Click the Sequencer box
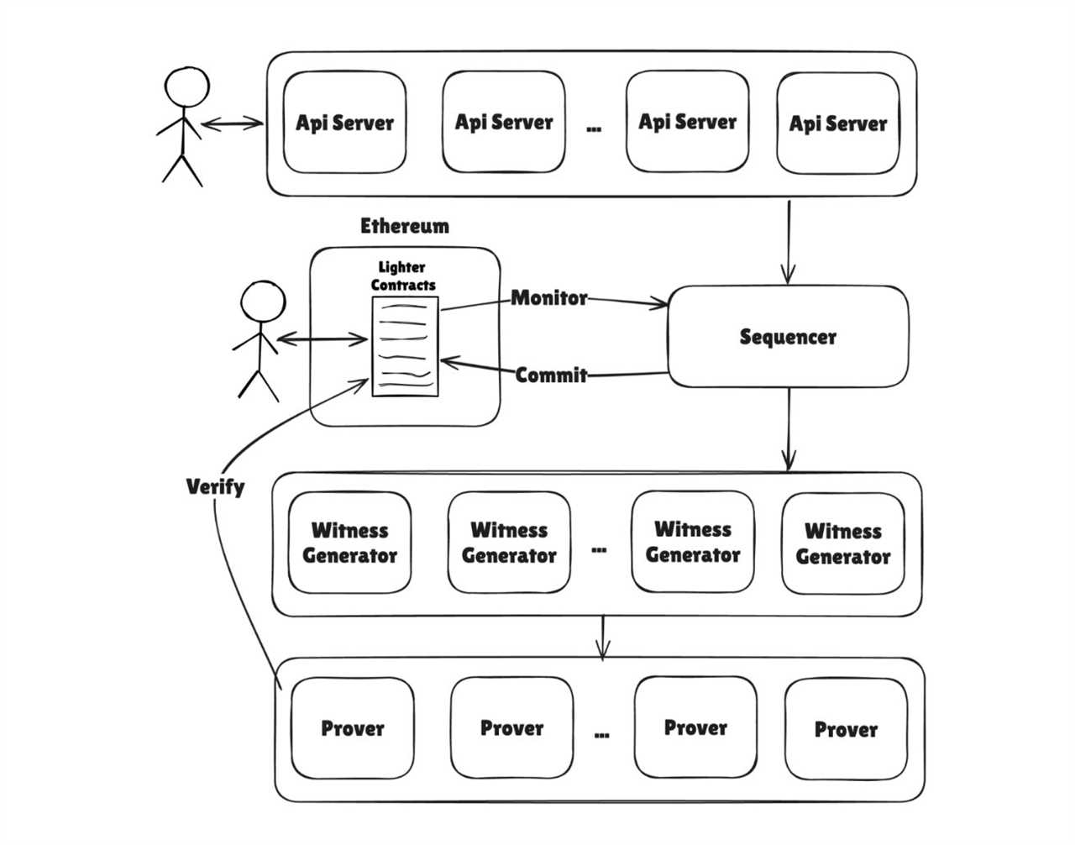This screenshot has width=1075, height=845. coord(787,337)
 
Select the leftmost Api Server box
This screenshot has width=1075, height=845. coord(344,123)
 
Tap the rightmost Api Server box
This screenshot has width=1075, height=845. coord(837,123)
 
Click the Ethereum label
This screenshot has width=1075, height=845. coord(405,226)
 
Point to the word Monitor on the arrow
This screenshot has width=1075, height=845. coord(549,298)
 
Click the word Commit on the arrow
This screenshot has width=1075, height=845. coord(551,375)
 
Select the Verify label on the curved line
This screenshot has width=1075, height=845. coord(215,486)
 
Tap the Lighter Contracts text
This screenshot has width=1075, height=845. coord(403,276)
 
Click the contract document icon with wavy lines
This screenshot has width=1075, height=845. coord(405,346)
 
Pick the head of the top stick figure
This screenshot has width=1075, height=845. coord(186,87)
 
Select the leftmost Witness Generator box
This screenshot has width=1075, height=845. coord(349,543)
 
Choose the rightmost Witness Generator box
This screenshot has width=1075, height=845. coord(842,543)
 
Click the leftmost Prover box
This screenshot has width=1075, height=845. coord(352,728)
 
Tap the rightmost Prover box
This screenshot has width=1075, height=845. coord(846,729)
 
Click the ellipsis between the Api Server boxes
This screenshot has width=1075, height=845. coord(594,129)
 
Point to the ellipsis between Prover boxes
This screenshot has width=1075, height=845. coord(601,734)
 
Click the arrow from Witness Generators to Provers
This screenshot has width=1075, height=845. coord(602,638)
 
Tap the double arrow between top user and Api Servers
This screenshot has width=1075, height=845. coord(232,124)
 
